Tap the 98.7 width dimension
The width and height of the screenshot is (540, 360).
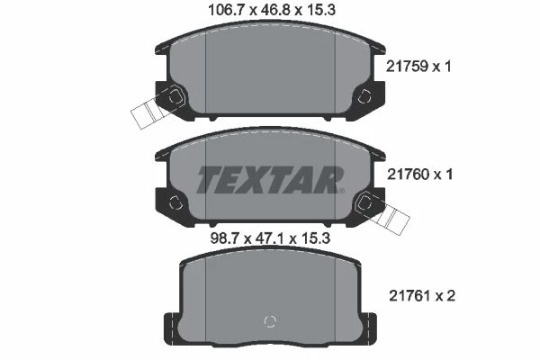click(224, 238)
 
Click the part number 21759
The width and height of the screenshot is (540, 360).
click(407, 66)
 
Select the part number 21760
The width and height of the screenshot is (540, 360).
click(408, 175)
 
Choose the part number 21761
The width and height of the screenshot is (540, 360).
click(410, 295)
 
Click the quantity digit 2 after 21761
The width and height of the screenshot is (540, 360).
click(451, 295)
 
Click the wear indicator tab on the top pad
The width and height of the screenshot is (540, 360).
click(148, 113)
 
